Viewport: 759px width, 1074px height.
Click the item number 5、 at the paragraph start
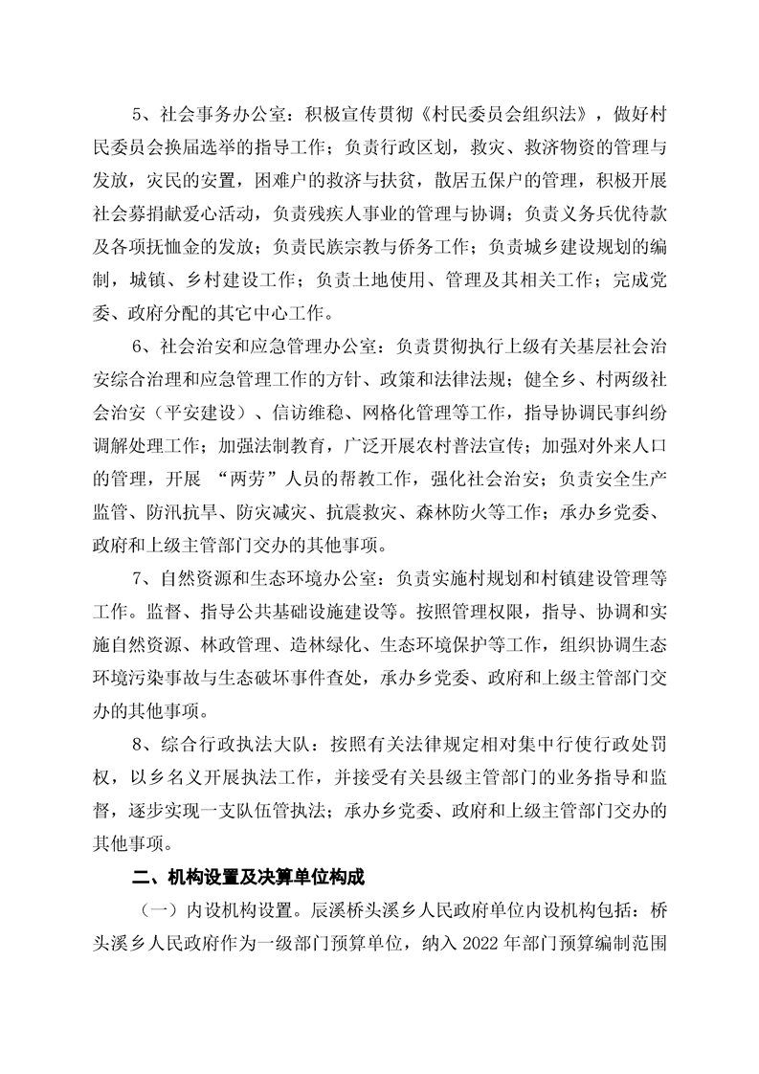143,118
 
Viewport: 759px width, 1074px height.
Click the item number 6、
143,341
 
